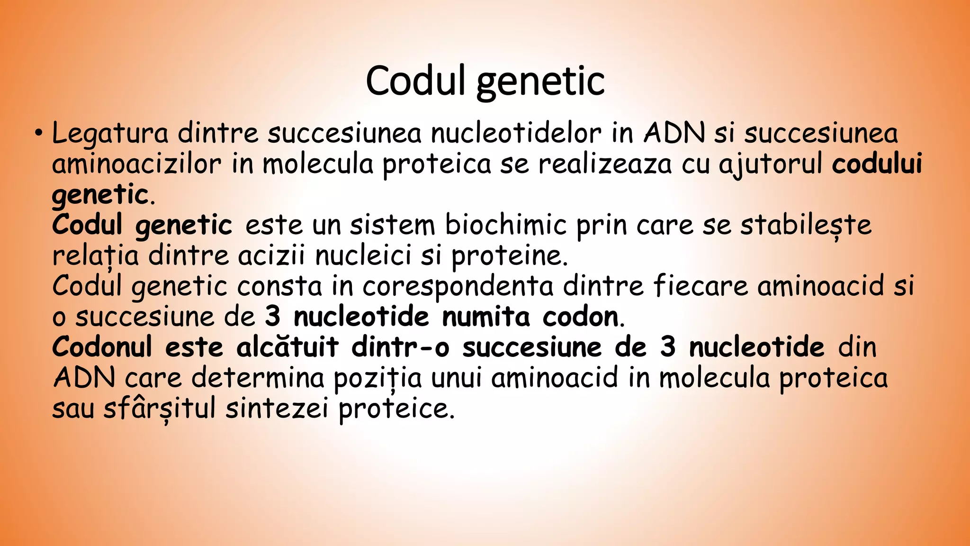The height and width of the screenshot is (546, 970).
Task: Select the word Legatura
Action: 109,133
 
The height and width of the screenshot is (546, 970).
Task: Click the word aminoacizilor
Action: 136,164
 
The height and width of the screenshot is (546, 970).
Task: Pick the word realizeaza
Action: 605,164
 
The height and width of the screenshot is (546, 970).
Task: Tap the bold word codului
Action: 877,164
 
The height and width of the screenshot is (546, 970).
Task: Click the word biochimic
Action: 505,225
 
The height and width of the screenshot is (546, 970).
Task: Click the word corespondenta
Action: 458,287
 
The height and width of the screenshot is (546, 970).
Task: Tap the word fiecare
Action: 700,286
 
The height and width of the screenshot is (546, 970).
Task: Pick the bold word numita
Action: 485,317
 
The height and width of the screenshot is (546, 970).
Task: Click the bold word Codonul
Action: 102,347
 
